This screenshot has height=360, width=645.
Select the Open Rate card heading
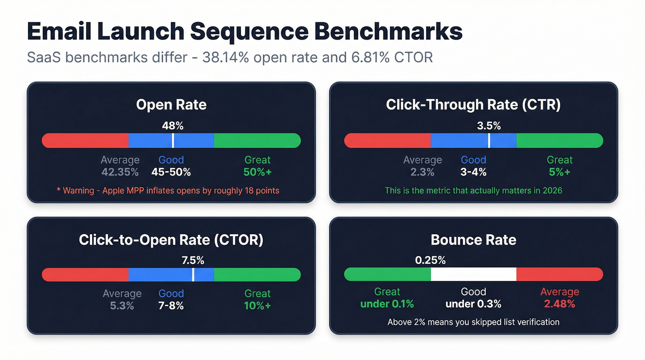coord(171,105)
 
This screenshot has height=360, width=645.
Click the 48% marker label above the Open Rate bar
coord(172,125)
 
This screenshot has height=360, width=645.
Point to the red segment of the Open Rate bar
coord(85,141)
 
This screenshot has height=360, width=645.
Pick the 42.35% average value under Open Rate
coord(120,172)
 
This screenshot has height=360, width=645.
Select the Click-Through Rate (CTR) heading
coord(473,105)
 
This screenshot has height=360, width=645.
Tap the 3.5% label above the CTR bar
coord(489,125)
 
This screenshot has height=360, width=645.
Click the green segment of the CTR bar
coord(559,141)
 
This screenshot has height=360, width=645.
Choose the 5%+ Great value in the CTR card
coord(559,172)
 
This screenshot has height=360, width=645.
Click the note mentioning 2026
coord(473,190)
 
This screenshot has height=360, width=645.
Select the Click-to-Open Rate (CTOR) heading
coord(171,240)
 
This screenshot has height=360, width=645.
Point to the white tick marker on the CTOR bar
coord(193,275)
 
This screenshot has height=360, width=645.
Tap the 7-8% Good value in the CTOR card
coord(171,306)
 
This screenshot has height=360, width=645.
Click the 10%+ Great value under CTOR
coord(257,306)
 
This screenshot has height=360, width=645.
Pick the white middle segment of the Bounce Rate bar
coord(473,274)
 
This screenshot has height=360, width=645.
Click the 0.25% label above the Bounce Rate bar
coord(430,260)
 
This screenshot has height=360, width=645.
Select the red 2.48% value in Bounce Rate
coord(559,304)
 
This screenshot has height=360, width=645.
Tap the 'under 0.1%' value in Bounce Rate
coord(387,304)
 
